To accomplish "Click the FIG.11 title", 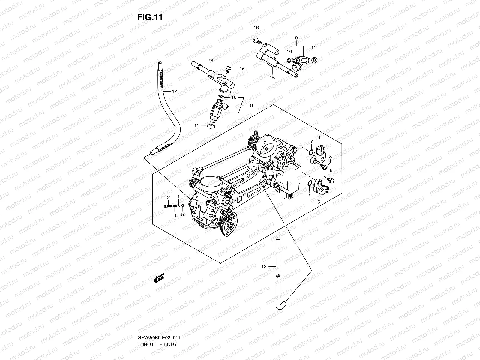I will point(150,17).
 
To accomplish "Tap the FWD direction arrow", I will point(159,279).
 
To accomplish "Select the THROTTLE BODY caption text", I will point(157,327).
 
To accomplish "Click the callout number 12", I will point(174,91).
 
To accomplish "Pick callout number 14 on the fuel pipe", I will point(211,60).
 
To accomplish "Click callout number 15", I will point(272,78).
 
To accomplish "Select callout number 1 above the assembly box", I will point(295,106).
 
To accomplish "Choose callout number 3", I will point(174,215).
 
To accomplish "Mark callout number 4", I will point(178,196).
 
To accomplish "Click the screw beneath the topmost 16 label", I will point(257,40).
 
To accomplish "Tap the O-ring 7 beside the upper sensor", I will point(311,152).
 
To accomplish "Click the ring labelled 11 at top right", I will point(314,60).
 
